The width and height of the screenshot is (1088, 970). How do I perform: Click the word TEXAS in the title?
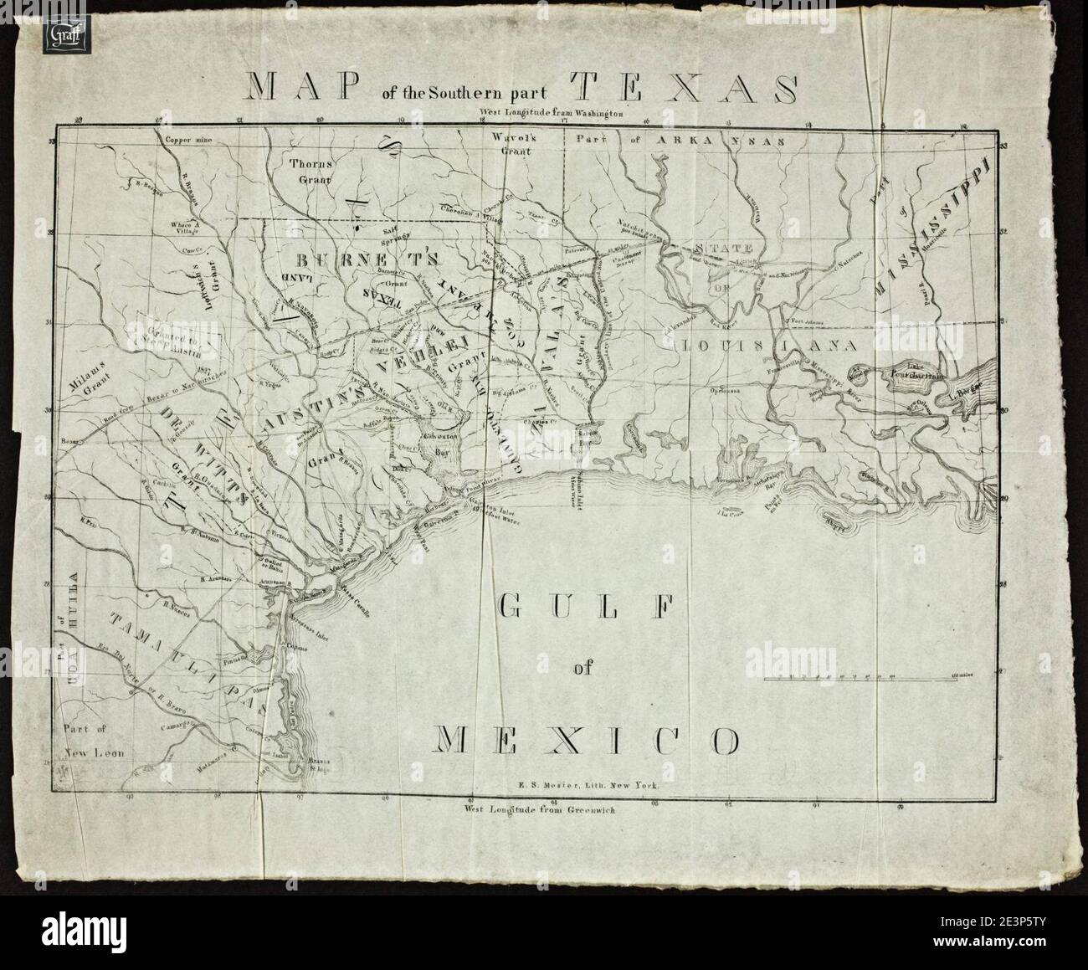(x=684, y=89)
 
